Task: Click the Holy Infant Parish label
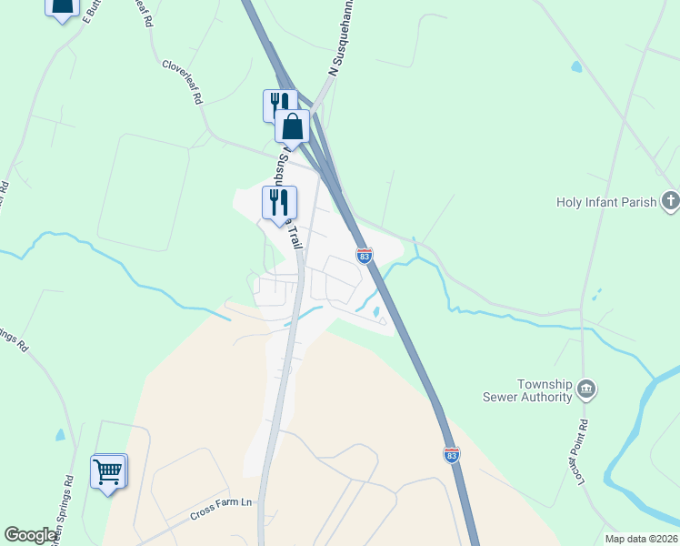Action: click(x=606, y=202)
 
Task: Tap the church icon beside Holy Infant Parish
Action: click(x=670, y=201)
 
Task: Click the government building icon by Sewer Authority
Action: click(x=587, y=389)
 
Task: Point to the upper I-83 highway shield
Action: click(x=365, y=257)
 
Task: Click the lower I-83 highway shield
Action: click(x=452, y=453)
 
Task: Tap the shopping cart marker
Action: click(x=108, y=471)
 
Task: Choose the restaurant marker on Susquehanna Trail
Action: click(x=279, y=202)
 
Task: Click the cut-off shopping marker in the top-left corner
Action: click(x=62, y=8)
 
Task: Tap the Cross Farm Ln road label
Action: click(x=221, y=512)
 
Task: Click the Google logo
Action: click(x=32, y=535)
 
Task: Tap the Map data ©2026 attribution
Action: click(x=641, y=538)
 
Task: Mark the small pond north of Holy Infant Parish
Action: click(x=575, y=66)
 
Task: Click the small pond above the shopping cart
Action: click(x=60, y=435)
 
